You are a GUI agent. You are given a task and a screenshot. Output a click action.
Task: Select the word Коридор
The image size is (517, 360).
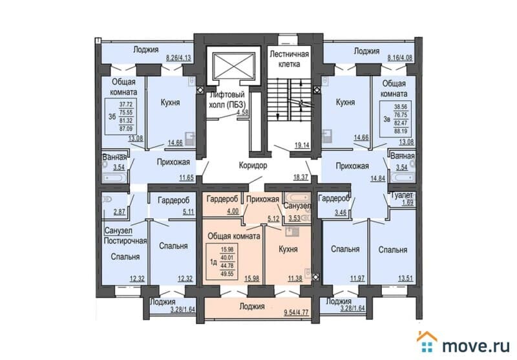tap(251, 165)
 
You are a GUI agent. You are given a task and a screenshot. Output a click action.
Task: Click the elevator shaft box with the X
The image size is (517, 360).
tap(231, 65)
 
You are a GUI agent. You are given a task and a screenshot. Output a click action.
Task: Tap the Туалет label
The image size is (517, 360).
tap(401, 195)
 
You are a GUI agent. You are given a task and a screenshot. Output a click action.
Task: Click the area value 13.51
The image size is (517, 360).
tap(405, 279)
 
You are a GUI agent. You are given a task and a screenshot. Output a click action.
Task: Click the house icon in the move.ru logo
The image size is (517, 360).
tap(427, 337)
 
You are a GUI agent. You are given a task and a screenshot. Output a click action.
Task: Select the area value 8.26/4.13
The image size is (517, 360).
tap(179, 58)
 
